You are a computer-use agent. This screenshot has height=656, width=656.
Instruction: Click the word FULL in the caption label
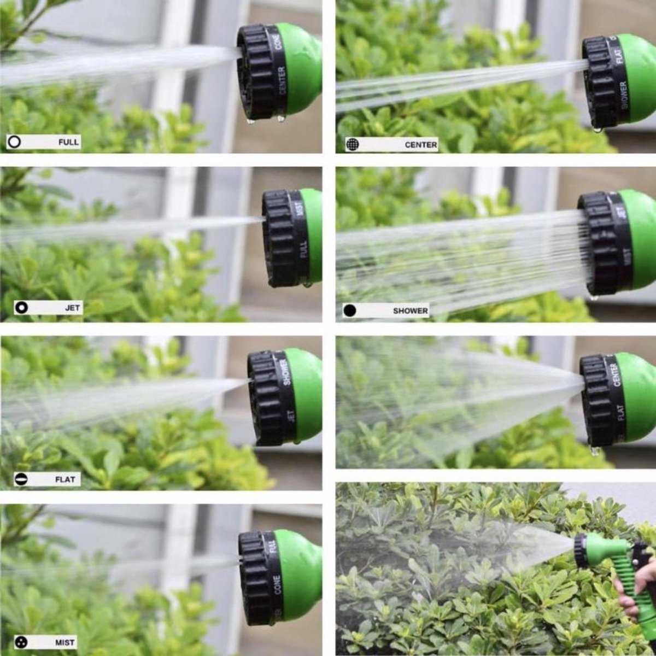[x=69, y=143]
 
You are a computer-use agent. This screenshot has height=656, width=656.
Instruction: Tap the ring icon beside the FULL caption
[x=15, y=142]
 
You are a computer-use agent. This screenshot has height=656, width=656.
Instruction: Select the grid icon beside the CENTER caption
[x=353, y=144]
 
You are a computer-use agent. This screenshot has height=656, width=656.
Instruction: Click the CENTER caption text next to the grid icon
[x=420, y=145]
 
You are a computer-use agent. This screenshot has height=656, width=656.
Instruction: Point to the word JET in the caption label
[x=73, y=308]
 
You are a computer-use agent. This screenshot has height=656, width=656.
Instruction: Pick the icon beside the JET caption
[x=22, y=307]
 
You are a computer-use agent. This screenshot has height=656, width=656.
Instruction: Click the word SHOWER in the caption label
[x=410, y=311]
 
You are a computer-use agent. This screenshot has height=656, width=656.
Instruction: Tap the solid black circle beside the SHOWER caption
[x=350, y=311]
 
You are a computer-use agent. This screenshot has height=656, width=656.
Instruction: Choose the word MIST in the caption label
[x=65, y=643]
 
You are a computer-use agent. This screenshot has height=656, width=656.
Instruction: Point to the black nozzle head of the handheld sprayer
[x=579, y=551]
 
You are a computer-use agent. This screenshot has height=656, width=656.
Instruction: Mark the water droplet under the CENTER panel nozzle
[x=597, y=130]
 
